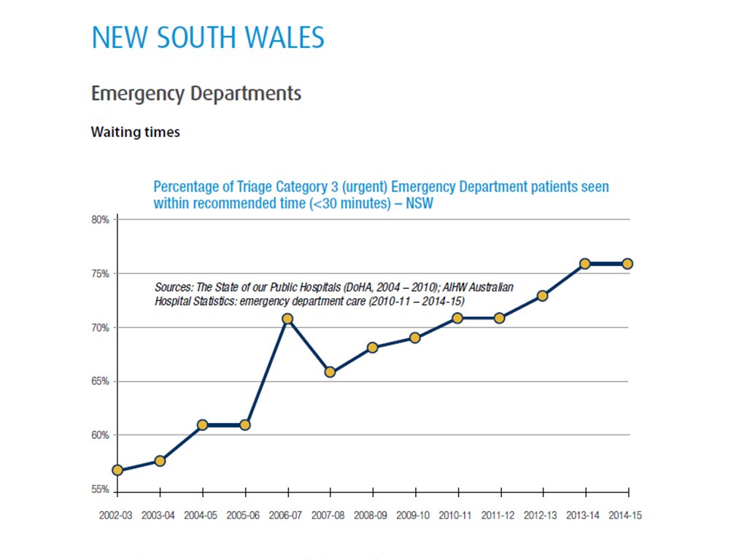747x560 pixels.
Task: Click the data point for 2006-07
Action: [287, 319]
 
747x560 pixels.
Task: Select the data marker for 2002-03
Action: [117, 470]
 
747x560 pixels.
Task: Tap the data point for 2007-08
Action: [330, 372]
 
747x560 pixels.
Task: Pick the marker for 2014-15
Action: [627, 264]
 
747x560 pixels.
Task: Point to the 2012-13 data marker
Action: [542, 296]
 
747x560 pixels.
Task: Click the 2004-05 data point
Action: [202, 424]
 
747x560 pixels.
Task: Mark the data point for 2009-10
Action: [415, 338]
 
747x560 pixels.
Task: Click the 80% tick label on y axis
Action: [101, 219]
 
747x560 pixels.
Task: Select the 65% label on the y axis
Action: [101, 381]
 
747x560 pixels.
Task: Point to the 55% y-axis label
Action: [101, 489]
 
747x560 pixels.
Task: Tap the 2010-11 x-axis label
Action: [455, 515]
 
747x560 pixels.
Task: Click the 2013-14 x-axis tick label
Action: [583, 515]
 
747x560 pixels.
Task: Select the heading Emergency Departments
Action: [196, 94]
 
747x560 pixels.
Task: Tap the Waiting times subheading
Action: [135, 133]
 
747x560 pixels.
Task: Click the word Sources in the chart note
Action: [174, 288]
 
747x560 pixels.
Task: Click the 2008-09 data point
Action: [372, 348]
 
